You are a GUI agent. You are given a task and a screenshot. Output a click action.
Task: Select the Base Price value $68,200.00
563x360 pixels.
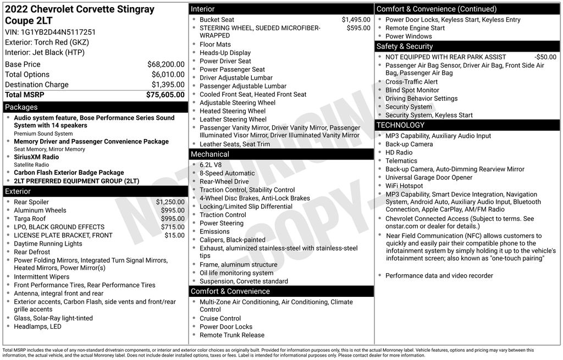click(165, 64)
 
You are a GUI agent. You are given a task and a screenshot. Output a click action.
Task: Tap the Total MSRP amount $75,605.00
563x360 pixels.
click(165, 95)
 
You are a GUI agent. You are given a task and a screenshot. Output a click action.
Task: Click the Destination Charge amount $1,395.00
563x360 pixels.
click(168, 85)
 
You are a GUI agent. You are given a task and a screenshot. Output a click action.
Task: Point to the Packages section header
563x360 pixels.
click(21, 107)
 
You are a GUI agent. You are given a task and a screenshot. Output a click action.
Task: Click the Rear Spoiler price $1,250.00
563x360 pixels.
click(170, 202)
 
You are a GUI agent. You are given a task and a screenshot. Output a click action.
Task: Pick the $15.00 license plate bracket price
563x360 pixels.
click(174, 235)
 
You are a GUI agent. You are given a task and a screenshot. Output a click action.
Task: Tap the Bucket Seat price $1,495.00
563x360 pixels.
click(356, 20)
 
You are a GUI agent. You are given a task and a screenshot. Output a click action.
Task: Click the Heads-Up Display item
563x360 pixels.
click(225, 53)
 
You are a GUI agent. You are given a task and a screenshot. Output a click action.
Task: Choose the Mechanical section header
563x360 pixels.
click(209, 154)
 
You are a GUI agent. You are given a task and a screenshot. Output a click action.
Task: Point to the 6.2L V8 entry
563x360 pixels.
click(212, 165)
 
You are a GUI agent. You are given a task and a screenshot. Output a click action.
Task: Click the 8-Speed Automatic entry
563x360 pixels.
click(227, 173)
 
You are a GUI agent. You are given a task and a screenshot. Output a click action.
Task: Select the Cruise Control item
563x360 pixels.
click(220, 318)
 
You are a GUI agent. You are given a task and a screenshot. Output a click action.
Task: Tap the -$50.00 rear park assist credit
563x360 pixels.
click(545, 57)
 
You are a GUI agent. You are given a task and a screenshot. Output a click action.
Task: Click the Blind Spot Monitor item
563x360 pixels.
click(412, 90)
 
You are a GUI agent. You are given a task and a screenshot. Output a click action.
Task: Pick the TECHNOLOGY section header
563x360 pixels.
click(400, 125)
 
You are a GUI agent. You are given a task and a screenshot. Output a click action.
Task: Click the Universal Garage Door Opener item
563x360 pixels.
click(428, 178)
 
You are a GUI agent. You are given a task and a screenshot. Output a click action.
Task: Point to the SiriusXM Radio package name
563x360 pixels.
click(36, 157)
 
